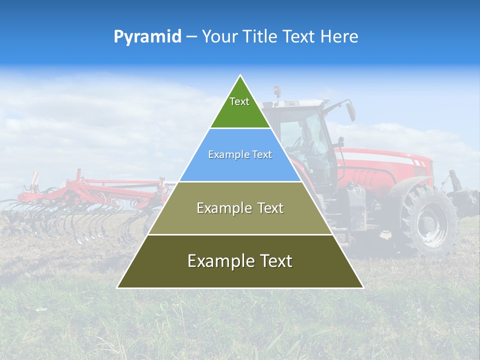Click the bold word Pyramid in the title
pyautogui.click(x=147, y=37)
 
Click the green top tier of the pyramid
pyautogui.click(x=240, y=112)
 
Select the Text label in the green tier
pyautogui.click(x=239, y=101)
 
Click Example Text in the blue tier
pyautogui.click(x=240, y=154)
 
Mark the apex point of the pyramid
pyautogui.click(x=240, y=76)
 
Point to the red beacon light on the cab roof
pyautogui.click(x=277, y=90)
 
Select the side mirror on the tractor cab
pyautogui.click(x=351, y=110)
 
